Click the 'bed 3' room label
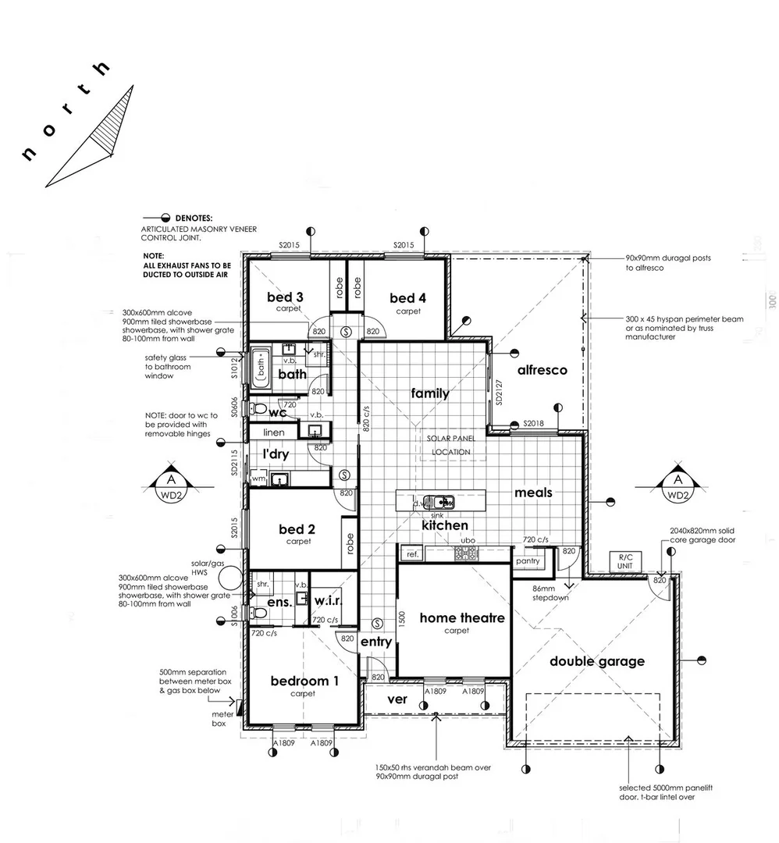coord(285,297)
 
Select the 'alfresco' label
coord(541,370)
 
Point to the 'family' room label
coord(430,393)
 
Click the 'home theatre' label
coord(462,618)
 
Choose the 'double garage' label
coord(597,661)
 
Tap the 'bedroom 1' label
coord(304,681)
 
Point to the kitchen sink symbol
coord(439,501)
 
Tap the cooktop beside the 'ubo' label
coord(467,553)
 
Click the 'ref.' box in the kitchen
coord(411,554)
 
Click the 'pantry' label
coord(528,560)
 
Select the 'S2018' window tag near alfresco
coord(535,422)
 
